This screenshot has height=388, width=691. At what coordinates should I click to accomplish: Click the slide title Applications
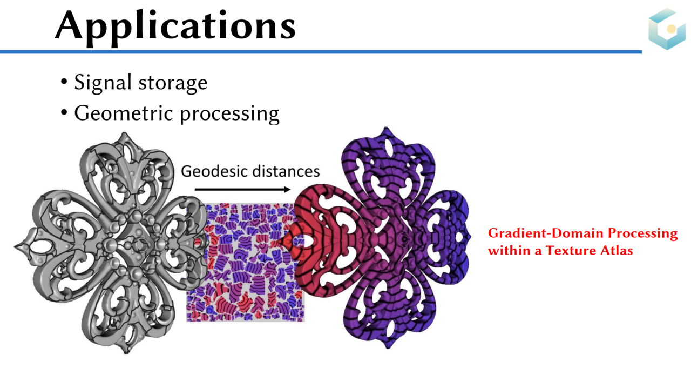[175, 27]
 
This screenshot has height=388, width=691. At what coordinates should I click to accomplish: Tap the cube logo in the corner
[667, 29]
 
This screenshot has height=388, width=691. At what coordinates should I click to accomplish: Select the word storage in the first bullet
[173, 83]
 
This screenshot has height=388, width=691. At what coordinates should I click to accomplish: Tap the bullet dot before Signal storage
[64, 82]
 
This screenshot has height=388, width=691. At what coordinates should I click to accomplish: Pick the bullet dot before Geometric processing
[64, 112]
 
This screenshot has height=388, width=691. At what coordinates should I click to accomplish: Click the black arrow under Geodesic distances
[242, 189]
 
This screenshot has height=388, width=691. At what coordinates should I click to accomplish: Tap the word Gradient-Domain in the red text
[546, 233]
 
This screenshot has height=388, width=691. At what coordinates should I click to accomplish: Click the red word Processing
[642, 234]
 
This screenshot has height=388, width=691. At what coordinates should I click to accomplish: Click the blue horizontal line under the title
[321, 52]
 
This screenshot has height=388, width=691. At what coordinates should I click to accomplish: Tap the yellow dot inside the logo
[671, 29]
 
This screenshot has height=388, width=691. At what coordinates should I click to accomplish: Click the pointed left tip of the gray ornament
[15, 246]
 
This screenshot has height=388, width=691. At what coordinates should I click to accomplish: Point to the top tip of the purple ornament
[385, 128]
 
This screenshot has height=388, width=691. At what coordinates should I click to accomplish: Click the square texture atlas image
[246, 263]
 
